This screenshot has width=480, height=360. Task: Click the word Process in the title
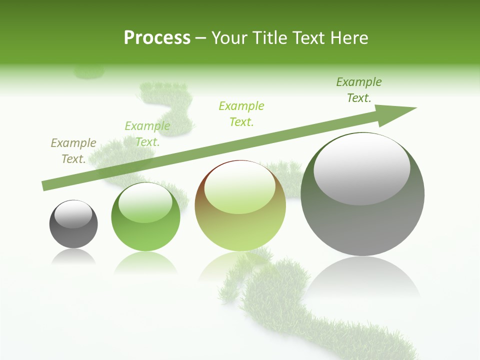click(157, 38)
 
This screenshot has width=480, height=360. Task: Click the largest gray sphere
click(362, 220)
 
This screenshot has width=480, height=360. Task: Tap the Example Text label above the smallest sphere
click(73, 150)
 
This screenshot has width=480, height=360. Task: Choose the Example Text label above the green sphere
click(147, 133)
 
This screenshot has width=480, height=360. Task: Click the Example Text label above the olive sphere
click(241, 113)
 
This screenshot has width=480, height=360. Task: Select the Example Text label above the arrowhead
click(359, 89)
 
